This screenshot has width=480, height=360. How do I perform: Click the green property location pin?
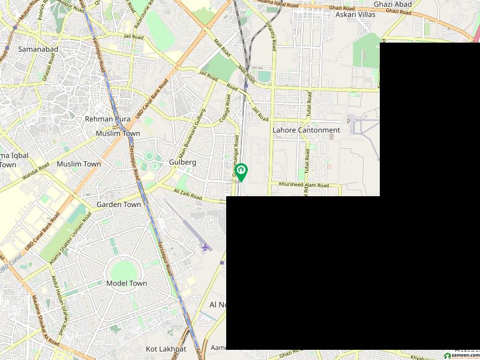[241, 172]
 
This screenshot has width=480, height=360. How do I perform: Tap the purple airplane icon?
[205, 247]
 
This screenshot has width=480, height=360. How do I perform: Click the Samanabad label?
[34, 49]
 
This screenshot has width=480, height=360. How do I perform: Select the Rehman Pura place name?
[107, 119]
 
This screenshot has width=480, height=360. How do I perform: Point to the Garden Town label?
[119, 205]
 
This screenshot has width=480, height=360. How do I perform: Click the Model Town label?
[126, 283]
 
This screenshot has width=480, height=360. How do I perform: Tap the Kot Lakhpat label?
[166, 349]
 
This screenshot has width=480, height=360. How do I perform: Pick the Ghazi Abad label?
[392, 4]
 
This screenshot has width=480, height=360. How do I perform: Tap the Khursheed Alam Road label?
[304, 185]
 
